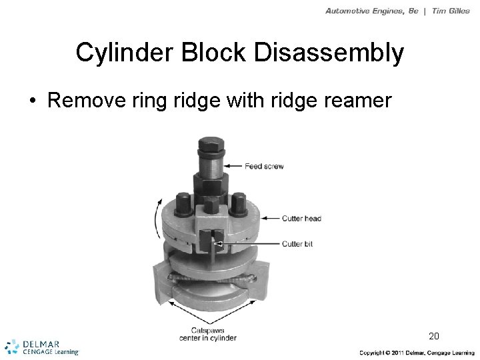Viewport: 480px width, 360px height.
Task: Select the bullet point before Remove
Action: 33,101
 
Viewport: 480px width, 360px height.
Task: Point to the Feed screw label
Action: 263,165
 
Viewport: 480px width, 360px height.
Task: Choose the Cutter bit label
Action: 297,244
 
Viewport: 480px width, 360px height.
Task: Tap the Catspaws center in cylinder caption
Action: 207,334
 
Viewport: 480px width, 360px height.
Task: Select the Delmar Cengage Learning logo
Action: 41,346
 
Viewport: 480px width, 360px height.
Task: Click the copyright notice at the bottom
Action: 417,352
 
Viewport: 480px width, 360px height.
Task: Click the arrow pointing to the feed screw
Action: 233,165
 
